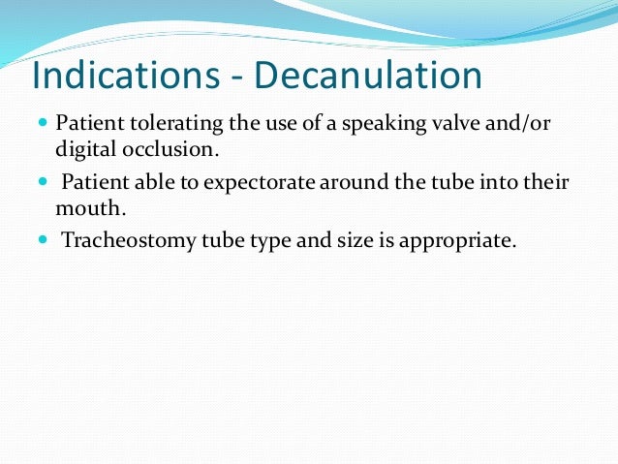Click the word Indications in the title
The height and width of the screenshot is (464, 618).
[x=121, y=77]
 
